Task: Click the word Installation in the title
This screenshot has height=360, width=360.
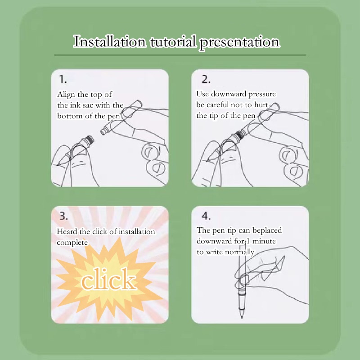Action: pos(109,41)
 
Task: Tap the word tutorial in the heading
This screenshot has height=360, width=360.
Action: pos(173,42)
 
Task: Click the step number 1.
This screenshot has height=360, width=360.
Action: pos(63,80)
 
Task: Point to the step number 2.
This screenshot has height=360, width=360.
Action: pos(206,79)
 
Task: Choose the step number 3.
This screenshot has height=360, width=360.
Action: pos(63,216)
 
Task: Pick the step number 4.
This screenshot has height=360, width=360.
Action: pos(206,216)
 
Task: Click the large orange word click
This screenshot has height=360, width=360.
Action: pos(108,279)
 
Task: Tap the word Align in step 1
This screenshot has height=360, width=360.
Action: pos(66,94)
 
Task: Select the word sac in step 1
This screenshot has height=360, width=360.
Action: pos(88,105)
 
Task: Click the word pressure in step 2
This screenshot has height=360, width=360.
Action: pos(262,94)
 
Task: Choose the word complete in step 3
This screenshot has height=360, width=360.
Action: pos(72,243)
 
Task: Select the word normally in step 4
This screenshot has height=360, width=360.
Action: pos(239,252)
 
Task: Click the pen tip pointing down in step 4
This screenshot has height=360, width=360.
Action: pos(242,317)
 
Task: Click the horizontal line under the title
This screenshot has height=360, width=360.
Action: pos(180,55)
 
